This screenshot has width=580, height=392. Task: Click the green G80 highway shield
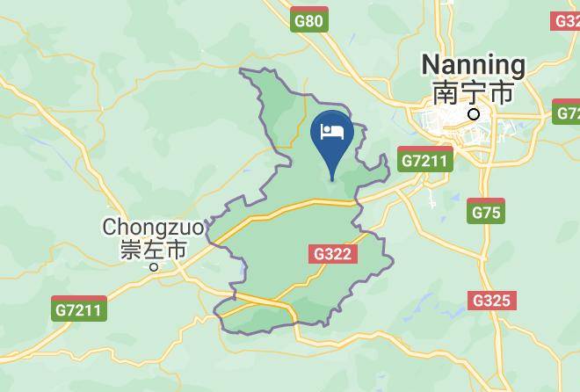click(309, 19)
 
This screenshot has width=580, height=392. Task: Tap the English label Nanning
click(473, 65)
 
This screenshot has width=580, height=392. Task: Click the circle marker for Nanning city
click(475, 114)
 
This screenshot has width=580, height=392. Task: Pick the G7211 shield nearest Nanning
click(424, 160)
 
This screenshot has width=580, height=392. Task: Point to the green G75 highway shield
click(486, 212)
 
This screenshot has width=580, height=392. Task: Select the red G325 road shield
click(490, 301)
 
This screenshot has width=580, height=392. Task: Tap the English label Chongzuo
click(153, 227)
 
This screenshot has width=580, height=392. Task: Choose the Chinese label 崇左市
click(153, 250)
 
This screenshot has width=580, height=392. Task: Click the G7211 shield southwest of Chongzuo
click(79, 309)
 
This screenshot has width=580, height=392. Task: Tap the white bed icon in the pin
click(332, 133)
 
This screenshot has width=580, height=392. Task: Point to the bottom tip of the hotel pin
click(332, 180)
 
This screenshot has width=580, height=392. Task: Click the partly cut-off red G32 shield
click(568, 19)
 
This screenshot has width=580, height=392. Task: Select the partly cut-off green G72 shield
click(568, 112)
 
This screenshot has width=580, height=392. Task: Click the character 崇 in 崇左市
click(130, 250)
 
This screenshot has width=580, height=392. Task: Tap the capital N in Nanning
click(431, 65)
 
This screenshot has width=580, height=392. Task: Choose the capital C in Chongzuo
click(110, 227)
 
